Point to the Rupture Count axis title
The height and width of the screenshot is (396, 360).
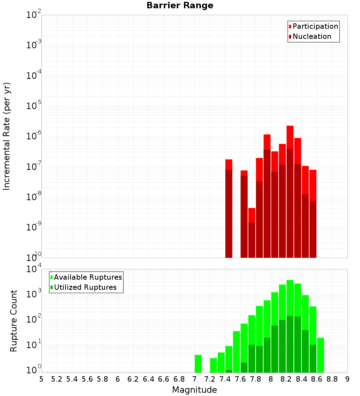[x=14, y=321]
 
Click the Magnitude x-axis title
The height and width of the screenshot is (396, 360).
[x=194, y=390]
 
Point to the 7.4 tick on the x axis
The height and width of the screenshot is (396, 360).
[x=225, y=379]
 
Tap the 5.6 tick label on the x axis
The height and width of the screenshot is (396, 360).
[x=87, y=379]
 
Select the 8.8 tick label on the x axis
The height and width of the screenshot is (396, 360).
[x=332, y=379]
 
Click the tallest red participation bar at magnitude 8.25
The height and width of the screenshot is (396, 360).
[x=290, y=137]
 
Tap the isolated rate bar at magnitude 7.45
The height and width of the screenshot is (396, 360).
[x=229, y=209]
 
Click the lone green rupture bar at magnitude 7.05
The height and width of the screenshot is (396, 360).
[x=198, y=364]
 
